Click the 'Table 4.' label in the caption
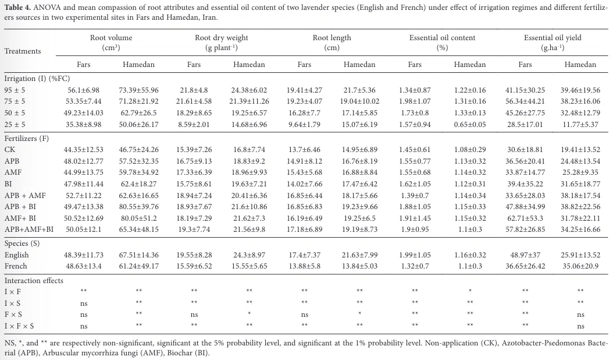(17, 8)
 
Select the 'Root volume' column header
(111, 38)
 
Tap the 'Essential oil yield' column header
(553, 38)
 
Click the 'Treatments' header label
(23, 51)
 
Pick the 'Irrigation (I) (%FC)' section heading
(37, 78)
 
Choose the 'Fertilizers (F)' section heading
(27, 138)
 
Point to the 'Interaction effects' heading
(34, 280)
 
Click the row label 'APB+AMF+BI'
(29, 229)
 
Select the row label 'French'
(16, 266)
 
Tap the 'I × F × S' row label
(19, 326)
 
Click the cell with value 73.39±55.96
(139, 90)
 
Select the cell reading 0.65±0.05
(470, 125)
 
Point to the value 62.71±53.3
(525, 218)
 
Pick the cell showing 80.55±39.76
(139, 206)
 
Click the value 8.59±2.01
(194, 125)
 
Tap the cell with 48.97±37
(525, 255)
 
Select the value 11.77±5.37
(580, 125)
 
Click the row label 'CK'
(10, 150)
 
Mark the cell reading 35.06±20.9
(580, 266)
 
